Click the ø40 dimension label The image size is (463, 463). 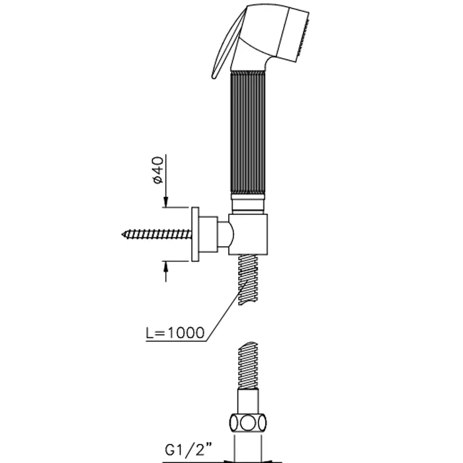[x=158, y=170]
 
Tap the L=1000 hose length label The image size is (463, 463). [x=175, y=333]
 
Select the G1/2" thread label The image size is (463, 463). [x=189, y=450]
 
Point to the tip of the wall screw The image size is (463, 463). [x=122, y=234]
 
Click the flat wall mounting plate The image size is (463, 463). [x=195, y=234]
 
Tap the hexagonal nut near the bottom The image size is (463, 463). [x=248, y=424]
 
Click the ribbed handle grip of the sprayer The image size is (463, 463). [x=247, y=133]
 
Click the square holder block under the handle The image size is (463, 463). [x=248, y=234]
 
